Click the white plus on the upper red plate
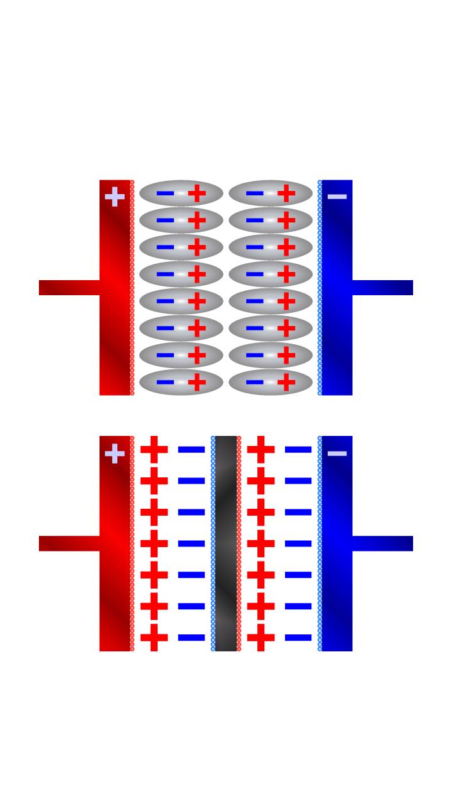pyautogui.click(x=115, y=197)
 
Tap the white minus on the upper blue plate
pyautogui.click(x=337, y=197)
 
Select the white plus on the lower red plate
pyautogui.click(x=115, y=453)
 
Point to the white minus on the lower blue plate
pyautogui.click(x=337, y=453)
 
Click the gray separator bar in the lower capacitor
pyautogui.click(x=226, y=544)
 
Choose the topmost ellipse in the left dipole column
pyautogui.click(x=181, y=193)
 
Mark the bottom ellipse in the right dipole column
pyautogui.click(x=271, y=382)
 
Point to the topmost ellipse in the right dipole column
pyautogui.click(x=271, y=193)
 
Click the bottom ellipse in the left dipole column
pyautogui.click(x=181, y=382)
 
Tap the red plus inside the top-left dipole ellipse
pyautogui.click(x=197, y=193)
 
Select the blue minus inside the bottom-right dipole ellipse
pyautogui.click(x=255, y=382)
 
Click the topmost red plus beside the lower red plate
pyautogui.click(x=154, y=450)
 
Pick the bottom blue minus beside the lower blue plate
pyautogui.click(x=298, y=638)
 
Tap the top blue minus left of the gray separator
pyautogui.click(x=191, y=450)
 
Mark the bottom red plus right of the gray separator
pyautogui.click(x=261, y=638)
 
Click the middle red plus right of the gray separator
pyautogui.click(x=261, y=544)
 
